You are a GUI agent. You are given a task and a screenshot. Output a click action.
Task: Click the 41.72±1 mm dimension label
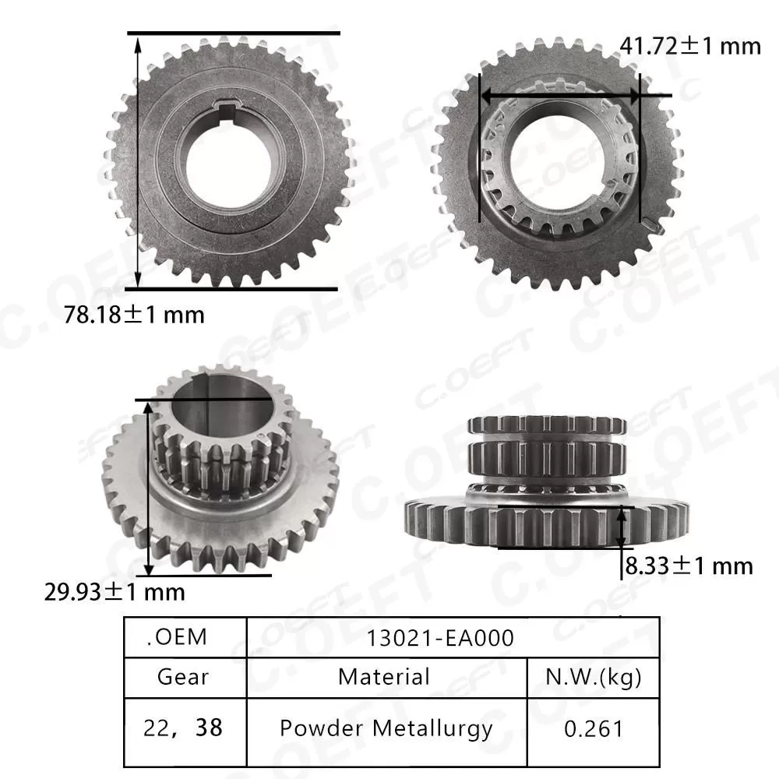pos(689,47)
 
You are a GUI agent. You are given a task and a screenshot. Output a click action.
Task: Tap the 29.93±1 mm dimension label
pos(115,592)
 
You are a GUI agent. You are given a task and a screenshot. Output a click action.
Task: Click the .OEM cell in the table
pos(177,637)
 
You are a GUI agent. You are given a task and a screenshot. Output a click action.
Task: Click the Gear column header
pos(183,676)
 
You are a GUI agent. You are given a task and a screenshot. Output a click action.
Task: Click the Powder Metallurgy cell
pos(386,728)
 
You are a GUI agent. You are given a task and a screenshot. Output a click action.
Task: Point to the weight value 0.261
pos(594,728)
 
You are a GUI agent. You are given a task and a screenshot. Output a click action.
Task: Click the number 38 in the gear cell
pos(210,728)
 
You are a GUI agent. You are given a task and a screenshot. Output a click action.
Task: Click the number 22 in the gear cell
pos(156,728)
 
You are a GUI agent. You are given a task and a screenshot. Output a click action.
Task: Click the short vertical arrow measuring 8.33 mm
pos(622,527)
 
